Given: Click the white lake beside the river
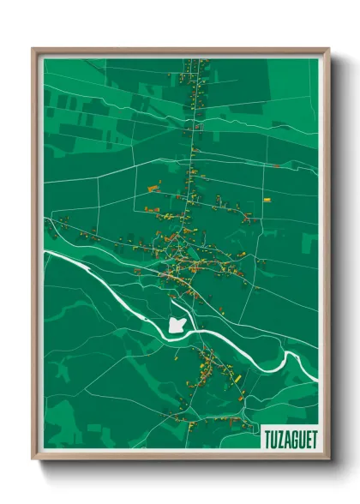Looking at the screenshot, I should (x=177, y=326).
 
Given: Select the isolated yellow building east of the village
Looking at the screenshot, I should (x=267, y=201).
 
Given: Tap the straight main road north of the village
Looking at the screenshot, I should (x=191, y=154).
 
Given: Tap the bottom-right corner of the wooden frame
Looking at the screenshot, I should (x=328, y=459).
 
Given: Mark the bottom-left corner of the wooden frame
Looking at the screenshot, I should (x=33, y=459).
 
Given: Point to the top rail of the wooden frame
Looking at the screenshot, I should (x=180, y=51).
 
